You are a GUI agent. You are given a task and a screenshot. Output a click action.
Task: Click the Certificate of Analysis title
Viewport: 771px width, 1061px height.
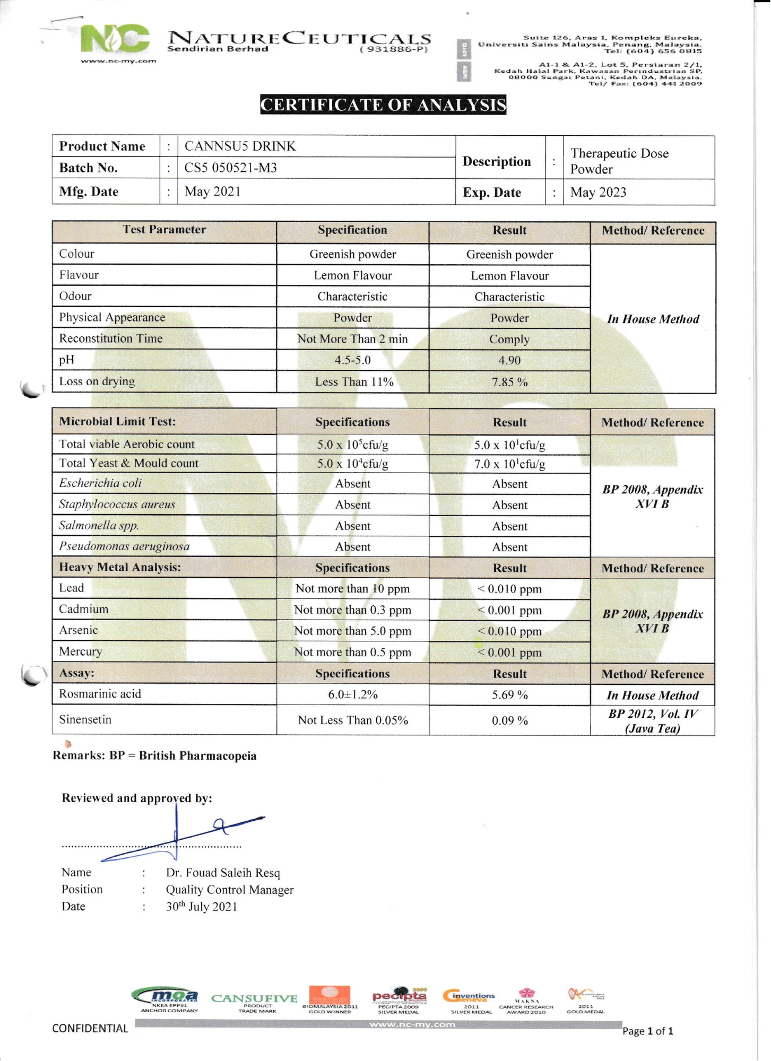tap(383, 105)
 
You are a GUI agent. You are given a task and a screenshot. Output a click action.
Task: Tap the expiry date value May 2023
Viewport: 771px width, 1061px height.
tap(598, 192)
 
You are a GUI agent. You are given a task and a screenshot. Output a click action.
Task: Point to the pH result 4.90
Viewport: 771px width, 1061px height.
tap(509, 360)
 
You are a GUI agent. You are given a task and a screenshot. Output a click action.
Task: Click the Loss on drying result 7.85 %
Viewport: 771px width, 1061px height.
tap(509, 382)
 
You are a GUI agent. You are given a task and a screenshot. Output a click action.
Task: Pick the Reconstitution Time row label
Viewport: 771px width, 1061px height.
tap(110, 338)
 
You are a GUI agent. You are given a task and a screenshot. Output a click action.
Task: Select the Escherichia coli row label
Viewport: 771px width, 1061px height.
tap(100, 483)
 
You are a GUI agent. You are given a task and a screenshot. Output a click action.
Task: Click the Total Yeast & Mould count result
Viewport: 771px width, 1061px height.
tap(509, 464)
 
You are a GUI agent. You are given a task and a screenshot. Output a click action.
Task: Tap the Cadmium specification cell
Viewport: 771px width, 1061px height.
tap(352, 610)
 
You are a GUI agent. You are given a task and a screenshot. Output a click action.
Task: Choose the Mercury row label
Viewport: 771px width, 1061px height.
tap(80, 651)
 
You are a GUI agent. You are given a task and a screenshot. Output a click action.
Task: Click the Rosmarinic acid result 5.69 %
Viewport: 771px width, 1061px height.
tap(509, 695)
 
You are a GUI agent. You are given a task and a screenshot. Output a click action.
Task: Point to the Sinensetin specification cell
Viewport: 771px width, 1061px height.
tap(352, 720)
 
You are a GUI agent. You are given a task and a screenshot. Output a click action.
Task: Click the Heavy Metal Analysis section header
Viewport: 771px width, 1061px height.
tap(120, 567)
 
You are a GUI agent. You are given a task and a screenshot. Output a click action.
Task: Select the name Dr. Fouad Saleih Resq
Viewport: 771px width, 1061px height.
tap(223, 873)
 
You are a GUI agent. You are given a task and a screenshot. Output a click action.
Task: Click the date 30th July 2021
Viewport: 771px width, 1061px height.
tap(201, 907)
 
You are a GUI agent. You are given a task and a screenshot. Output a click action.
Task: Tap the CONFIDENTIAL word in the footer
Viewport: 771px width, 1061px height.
tap(90, 1029)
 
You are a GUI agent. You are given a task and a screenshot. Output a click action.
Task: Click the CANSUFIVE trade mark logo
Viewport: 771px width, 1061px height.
tap(254, 999)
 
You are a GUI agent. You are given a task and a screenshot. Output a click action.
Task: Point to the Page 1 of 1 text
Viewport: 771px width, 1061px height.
tap(647, 1031)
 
